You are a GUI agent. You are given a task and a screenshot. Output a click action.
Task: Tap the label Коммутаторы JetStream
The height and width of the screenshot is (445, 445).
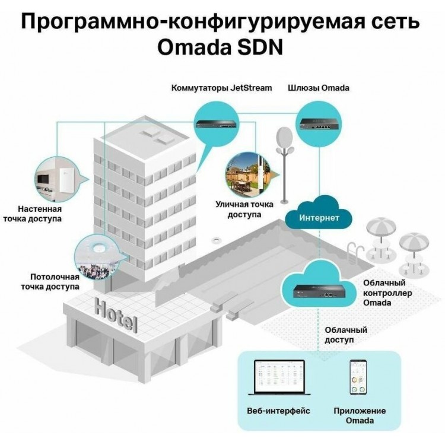[x=222, y=88]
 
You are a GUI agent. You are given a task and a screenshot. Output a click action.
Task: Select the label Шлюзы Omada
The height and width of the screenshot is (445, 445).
[x=319, y=88]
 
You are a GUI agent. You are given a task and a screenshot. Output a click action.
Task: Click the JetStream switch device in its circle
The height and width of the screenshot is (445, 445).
[x=217, y=124]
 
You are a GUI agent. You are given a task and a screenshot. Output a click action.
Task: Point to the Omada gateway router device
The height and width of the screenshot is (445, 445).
[x=319, y=124]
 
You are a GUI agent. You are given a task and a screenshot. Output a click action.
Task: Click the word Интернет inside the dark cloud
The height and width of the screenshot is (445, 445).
[x=319, y=218]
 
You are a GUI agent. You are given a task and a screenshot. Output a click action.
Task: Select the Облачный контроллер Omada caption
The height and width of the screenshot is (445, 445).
[x=387, y=293]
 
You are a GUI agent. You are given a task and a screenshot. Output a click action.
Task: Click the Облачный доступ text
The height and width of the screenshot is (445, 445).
[x=346, y=335]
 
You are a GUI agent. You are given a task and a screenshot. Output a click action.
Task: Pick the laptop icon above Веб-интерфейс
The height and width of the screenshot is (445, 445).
[x=279, y=377]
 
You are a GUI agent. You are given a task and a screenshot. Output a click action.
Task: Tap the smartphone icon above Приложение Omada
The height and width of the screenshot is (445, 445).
[x=358, y=377]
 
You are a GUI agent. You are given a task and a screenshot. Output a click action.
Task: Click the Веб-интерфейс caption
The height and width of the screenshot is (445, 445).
[x=278, y=411]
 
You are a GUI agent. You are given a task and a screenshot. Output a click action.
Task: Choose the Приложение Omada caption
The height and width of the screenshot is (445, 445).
[x=360, y=415]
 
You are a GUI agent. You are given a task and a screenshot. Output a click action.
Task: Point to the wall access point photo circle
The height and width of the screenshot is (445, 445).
[x=56, y=179]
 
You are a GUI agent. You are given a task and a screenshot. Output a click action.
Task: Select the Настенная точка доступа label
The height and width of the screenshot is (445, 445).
[x=33, y=214]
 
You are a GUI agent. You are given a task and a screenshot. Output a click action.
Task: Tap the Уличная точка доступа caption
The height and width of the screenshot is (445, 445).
[x=244, y=209]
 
